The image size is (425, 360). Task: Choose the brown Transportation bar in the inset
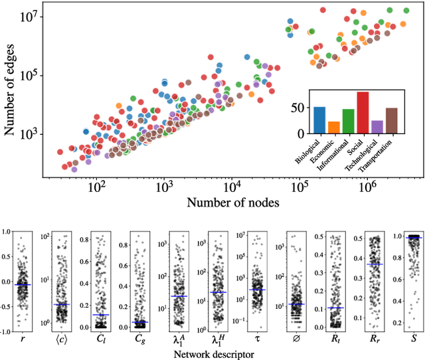point(392,120)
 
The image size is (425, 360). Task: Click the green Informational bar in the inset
point(348,120)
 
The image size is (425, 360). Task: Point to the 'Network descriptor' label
point(214,355)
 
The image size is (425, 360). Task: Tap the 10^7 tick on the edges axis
point(28,15)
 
